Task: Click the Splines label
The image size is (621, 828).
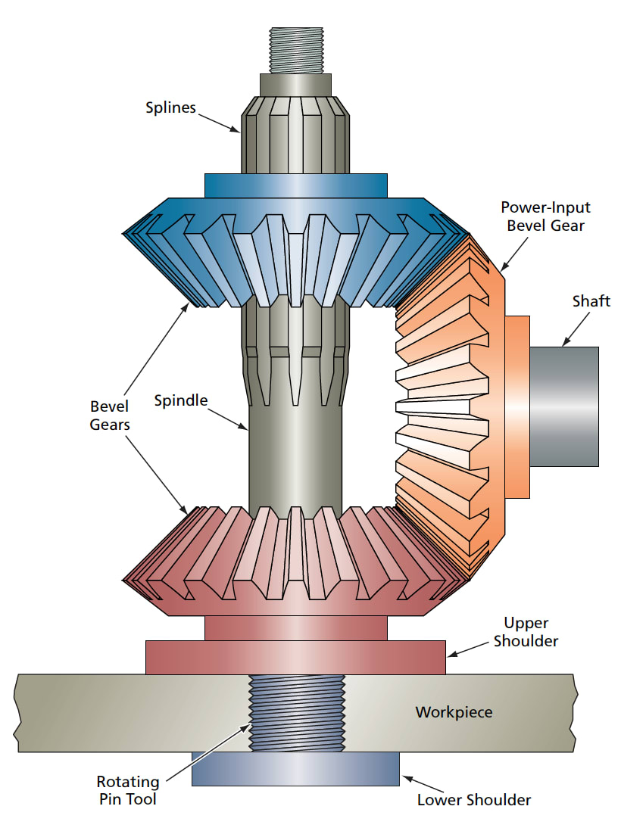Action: tap(170, 107)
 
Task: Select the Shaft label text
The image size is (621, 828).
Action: tap(591, 301)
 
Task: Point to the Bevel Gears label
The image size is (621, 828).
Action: tap(110, 416)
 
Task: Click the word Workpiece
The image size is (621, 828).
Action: tap(454, 712)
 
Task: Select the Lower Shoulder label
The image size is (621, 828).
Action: tap(474, 800)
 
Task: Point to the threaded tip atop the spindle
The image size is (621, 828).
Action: tap(295, 50)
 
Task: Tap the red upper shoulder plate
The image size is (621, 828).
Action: tap(295, 657)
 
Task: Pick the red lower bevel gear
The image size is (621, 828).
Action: tap(295, 560)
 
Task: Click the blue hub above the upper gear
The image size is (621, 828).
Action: tap(295, 185)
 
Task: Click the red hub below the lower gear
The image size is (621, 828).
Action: tap(295, 627)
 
